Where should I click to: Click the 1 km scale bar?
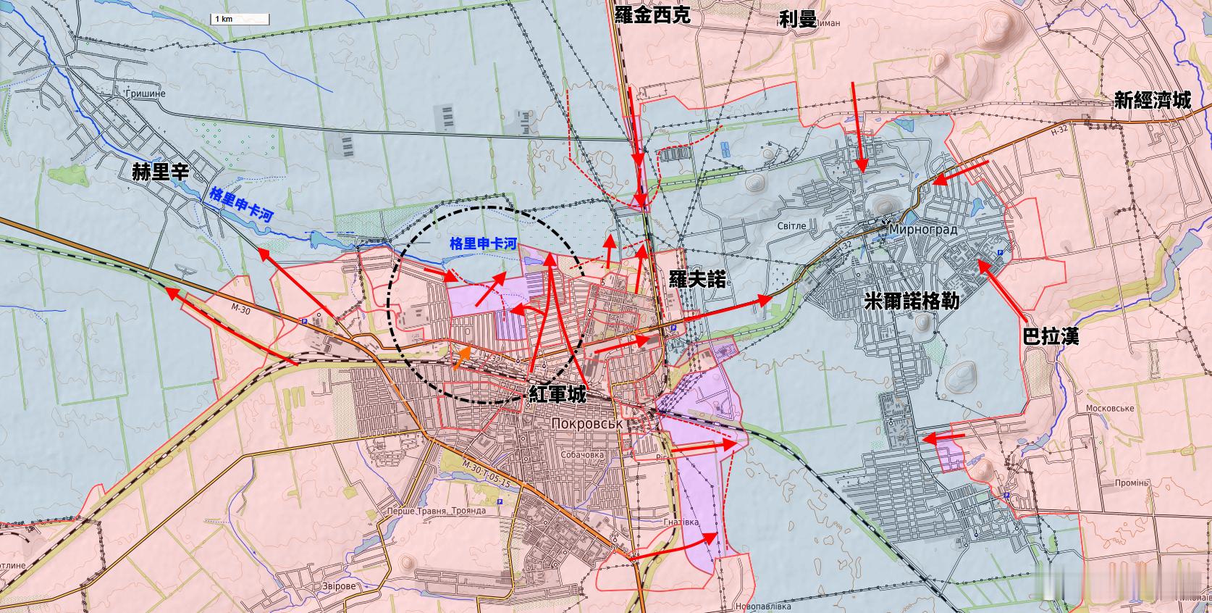point(239,19)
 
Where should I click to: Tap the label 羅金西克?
point(652,15)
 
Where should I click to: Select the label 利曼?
point(797,20)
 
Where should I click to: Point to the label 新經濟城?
point(1152,101)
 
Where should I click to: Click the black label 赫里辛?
point(160,172)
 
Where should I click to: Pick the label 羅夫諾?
point(697,278)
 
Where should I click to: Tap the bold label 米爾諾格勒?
point(912,301)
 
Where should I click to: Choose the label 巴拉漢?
point(1051,336)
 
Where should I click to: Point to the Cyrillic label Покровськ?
point(587,424)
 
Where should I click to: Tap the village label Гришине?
point(145,94)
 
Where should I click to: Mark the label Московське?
point(1109,408)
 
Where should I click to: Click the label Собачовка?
point(582,455)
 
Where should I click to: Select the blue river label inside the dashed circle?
point(483,244)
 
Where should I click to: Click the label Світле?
point(791,225)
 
